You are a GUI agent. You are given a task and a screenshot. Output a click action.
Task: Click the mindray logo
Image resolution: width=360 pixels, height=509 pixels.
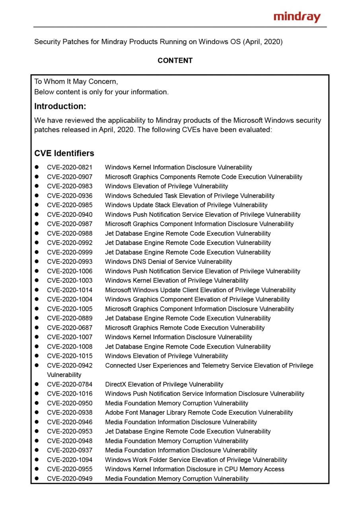[x=297, y=17]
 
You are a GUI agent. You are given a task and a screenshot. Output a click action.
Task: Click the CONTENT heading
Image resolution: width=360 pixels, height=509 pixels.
[x=175, y=60]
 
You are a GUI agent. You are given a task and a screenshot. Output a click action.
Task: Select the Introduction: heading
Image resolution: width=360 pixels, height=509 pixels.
[x=60, y=107]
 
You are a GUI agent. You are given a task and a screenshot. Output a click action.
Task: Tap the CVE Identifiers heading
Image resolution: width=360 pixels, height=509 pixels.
[x=64, y=153]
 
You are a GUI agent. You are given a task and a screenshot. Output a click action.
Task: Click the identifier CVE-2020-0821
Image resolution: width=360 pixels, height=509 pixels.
[x=70, y=167]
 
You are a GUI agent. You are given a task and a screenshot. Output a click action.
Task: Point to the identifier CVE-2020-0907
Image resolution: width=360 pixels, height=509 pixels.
[x=70, y=177]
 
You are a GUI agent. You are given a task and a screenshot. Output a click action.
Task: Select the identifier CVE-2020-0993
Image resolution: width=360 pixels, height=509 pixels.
[x=70, y=262]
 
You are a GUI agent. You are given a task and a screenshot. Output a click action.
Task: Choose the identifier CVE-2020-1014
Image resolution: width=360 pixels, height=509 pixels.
[x=70, y=290]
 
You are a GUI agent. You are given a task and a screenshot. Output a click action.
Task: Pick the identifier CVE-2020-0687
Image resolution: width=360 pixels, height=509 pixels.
[x=70, y=328]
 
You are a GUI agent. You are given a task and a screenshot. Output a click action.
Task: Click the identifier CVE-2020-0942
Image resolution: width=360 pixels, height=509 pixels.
[x=70, y=365]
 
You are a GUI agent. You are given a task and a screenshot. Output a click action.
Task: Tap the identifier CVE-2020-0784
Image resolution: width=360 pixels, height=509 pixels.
[x=70, y=385]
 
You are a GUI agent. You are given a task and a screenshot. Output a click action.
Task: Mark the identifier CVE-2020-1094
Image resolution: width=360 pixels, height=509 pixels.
[x=70, y=460]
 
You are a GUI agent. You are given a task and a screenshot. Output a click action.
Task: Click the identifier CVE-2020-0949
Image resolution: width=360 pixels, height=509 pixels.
[x=70, y=479]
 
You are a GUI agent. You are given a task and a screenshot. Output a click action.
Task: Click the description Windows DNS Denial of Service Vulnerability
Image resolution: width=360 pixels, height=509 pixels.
[x=168, y=262]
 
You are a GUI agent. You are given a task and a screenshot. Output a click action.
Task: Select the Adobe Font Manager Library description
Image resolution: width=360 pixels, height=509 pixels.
[x=199, y=413]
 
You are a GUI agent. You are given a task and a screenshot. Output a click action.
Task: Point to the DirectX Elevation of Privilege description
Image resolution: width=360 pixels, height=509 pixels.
[x=164, y=385]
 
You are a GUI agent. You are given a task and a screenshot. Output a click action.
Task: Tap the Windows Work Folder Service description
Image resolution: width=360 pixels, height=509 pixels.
[x=196, y=460]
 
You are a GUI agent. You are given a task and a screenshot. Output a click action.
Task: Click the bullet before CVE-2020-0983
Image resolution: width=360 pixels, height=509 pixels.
[x=37, y=186]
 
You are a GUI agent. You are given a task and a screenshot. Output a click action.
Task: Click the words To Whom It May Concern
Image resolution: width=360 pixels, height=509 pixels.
[x=76, y=82]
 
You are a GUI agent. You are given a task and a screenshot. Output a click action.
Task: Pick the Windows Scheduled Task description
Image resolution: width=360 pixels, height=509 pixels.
[x=189, y=196]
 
